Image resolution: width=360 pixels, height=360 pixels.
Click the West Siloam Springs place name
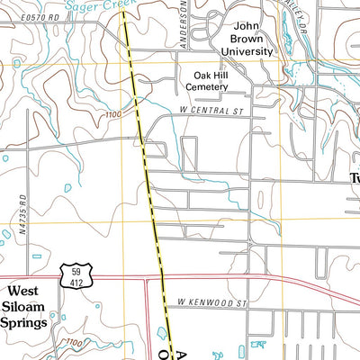pyautogui.click(x=24, y=306)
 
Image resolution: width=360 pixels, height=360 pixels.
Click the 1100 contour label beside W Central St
pyautogui.click(x=112, y=114)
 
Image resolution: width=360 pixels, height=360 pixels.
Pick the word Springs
pyautogui.click(x=24, y=322)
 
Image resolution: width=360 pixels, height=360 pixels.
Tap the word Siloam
pyautogui.click(x=24, y=307)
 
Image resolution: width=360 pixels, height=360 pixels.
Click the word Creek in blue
pyautogui.click(x=119, y=5)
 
